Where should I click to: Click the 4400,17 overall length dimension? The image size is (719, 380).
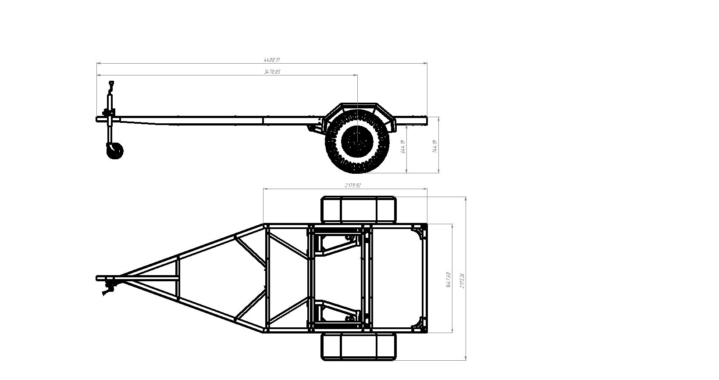coord(271,60)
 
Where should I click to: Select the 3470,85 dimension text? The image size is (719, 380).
coord(272,72)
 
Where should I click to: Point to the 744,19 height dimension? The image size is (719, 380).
coord(434,146)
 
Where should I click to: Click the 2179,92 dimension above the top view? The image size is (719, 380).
coord(352,186)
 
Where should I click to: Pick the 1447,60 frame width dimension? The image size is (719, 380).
coord(448,280)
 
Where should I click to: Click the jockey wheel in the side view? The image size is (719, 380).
coord(115,151)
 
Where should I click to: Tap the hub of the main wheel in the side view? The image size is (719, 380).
coord(357,141)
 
